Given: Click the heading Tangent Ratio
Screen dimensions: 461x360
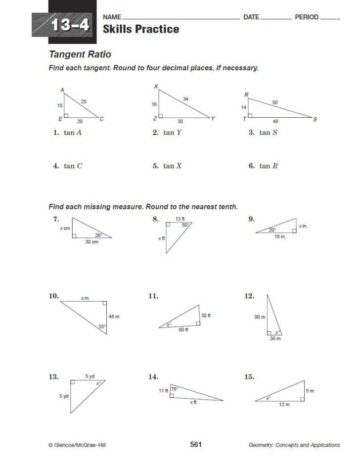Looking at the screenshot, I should [x=80, y=54].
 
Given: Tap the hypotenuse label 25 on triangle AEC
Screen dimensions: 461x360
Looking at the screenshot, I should [x=84, y=101].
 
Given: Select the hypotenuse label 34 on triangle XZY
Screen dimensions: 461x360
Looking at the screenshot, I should [x=185, y=99].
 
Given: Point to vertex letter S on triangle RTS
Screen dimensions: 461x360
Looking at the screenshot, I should [x=315, y=119].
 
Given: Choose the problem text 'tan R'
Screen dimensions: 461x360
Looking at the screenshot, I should [x=269, y=166].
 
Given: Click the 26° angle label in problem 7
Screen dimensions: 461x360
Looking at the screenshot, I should [x=98, y=235].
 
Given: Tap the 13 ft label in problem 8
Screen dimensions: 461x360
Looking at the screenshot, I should [x=180, y=219].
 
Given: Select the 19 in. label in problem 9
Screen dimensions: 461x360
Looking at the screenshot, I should [x=280, y=237].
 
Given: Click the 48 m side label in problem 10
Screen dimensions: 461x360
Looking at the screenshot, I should [x=114, y=317].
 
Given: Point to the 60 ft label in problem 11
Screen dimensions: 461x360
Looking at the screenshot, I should [x=183, y=329].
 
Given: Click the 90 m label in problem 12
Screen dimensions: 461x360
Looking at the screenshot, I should [x=260, y=317].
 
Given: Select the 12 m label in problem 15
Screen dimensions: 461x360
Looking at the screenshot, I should [x=284, y=405].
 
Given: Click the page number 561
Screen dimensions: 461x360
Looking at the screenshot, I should [x=196, y=445].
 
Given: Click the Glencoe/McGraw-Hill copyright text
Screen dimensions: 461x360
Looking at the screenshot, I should [x=77, y=445].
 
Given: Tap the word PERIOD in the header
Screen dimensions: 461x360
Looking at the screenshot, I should [x=307, y=17].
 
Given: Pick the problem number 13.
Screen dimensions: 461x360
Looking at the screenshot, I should [x=53, y=377].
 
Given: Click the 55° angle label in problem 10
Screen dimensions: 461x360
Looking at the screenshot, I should [x=102, y=326].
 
